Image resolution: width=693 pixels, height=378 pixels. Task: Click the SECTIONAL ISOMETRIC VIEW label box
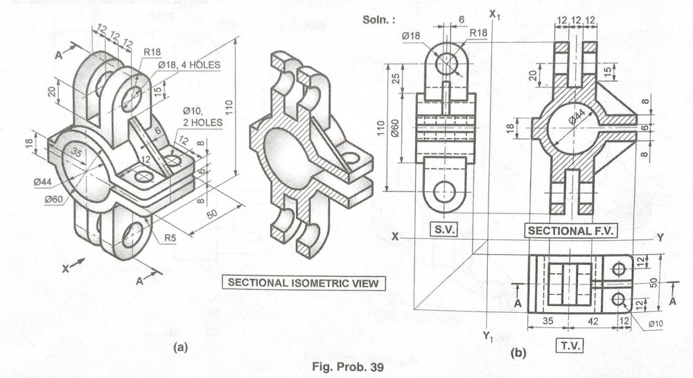tap(304, 283)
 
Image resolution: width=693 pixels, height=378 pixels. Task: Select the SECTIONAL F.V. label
tap(570, 230)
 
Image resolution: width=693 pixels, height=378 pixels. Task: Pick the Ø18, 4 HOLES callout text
tap(189, 65)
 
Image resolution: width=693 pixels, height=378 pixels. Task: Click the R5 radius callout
tap(170, 238)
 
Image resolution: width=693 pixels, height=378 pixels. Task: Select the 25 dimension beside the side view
tap(396, 78)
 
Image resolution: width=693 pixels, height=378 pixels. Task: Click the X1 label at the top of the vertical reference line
tap(495, 15)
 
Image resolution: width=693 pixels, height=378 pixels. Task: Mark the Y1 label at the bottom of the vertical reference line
tap(487, 336)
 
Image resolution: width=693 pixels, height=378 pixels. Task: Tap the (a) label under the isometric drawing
tap(180, 347)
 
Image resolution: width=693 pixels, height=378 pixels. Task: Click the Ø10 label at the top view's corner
tap(656, 324)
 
